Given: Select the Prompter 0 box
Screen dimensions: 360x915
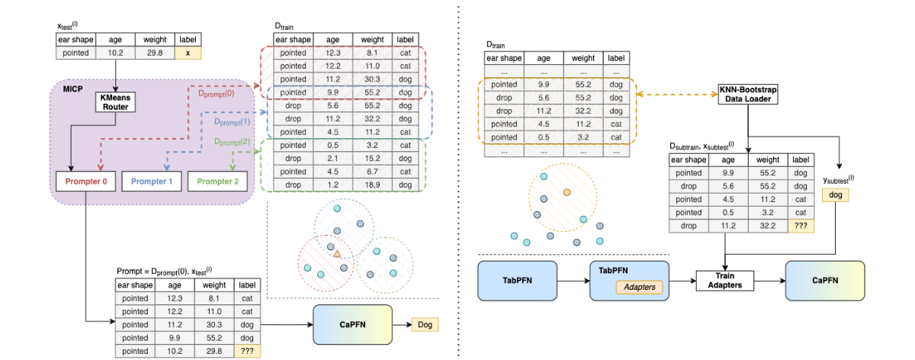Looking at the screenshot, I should pyautogui.click(x=87, y=182).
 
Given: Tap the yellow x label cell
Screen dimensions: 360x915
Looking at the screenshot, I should pyautogui.click(x=187, y=53).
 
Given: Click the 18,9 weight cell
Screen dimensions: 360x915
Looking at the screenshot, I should pyautogui.click(x=372, y=185).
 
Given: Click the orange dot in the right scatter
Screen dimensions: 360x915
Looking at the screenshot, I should pyautogui.click(x=566, y=191).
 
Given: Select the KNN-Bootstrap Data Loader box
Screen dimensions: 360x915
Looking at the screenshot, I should pyautogui.click(x=747, y=95).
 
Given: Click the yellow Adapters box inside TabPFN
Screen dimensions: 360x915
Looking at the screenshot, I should pyautogui.click(x=638, y=287).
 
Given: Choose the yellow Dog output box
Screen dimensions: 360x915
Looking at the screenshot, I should pyautogui.click(x=425, y=325).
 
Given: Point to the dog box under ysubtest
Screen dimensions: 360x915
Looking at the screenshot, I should pyautogui.click(x=835, y=196).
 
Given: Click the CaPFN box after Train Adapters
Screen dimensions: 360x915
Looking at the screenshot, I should pyautogui.click(x=825, y=280).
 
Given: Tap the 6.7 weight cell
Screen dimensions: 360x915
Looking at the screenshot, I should pyautogui.click(x=372, y=172).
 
